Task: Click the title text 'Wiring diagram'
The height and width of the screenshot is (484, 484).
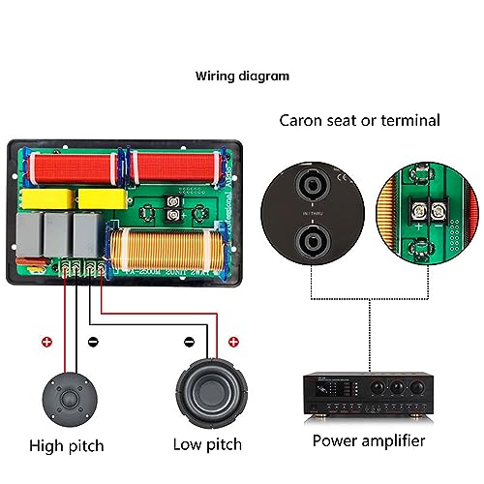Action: (242, 75)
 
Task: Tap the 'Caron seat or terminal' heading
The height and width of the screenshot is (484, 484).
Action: (359, 121)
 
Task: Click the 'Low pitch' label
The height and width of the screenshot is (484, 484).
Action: (206, 445)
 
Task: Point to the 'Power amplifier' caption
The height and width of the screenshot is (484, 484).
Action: (369, 440)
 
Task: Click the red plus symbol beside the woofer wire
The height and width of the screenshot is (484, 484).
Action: (232, 342)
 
